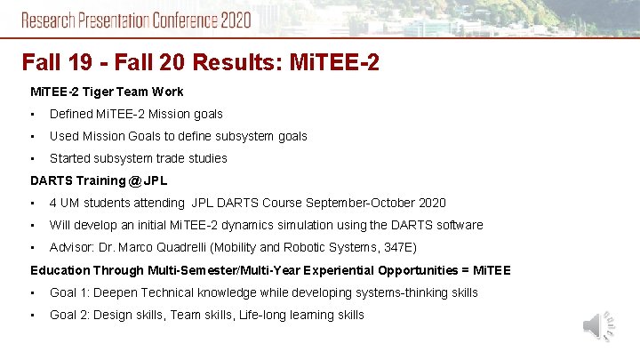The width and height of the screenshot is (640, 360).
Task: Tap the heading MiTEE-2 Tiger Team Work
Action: [x=107, y=92]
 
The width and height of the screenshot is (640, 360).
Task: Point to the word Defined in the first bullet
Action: [x=72, y=114]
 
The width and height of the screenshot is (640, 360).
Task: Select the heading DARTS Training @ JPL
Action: [x=99, y=180]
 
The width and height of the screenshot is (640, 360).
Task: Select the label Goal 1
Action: [x=68, y=292]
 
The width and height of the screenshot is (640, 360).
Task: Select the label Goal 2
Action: [x=68, y=315]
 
